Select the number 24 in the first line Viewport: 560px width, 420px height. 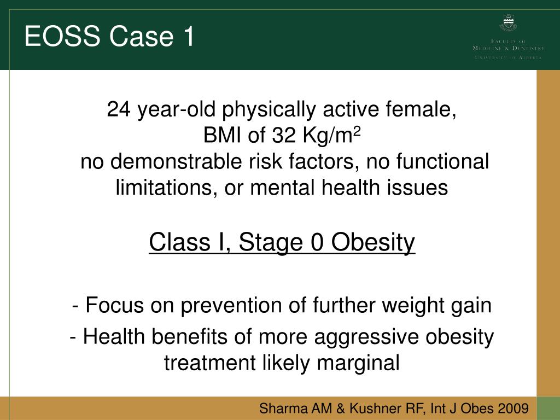[119, 110]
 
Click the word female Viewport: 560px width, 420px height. [425, 110]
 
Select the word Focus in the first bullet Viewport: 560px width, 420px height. [113, 305]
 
